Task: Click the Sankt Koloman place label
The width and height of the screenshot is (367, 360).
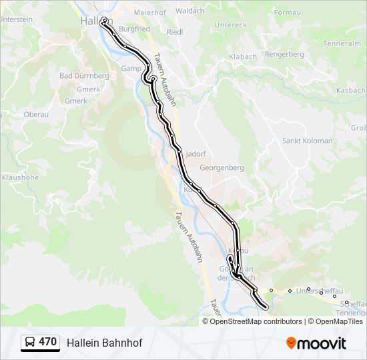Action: pos(307,141)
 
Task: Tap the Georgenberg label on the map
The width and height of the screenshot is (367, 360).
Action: pos(222,168)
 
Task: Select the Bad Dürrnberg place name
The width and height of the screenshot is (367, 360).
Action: pos(84,76)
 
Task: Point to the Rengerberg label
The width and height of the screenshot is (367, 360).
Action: pos(284,54)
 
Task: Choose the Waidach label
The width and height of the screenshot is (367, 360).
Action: pos(190,11)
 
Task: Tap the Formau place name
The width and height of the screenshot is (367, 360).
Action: pos(288,13)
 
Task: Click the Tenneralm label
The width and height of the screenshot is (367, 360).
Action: pos(342,43)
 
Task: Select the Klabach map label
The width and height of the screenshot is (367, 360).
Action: pos(243,57)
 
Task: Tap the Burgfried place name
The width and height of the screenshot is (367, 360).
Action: pos(134,30)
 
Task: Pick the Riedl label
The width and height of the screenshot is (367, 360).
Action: pos(174,32)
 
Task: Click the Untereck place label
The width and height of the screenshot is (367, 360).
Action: pos(231,25)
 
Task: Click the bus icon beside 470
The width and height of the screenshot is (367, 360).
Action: pos(29,343)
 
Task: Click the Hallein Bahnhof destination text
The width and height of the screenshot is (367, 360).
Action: pos(104,343)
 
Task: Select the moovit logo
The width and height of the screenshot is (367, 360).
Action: pos(316,343)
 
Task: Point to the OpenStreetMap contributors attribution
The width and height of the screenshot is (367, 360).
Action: pos(256,321)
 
